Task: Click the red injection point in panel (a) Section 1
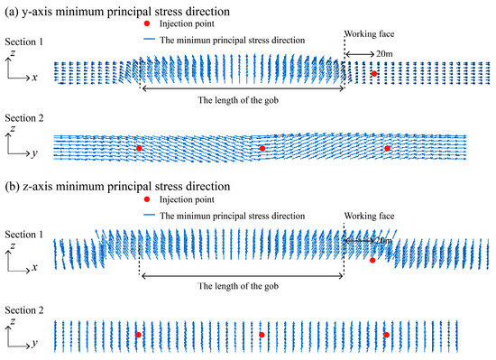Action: (x=373, y=74)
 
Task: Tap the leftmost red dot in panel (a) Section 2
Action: (x=139, y=148)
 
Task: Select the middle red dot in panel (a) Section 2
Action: (x=262, y=148)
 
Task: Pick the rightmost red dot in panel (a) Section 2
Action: (x=388, y=148)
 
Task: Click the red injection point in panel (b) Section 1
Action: (x=372, y=260)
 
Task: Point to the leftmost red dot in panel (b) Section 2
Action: (x=138, y=335)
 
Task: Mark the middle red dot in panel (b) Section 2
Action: (x=262, y=335)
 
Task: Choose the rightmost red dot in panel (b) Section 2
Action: (x=387, y=335)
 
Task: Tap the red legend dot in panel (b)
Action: (x=148, y=201)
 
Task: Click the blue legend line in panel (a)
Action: (x=148, y=40)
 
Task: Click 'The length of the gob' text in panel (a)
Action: (x=241, y=100)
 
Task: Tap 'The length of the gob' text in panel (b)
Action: (x=241, y=285)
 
